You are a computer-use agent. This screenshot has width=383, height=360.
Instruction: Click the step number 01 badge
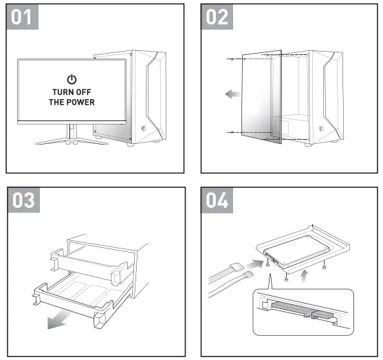[x=22, y=17]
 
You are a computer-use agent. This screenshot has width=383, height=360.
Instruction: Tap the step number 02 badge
[x=217, y=17]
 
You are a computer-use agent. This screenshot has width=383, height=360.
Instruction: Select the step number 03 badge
[x=23, y=200]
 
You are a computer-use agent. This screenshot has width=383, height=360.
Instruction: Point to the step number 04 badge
[x=217, y=200]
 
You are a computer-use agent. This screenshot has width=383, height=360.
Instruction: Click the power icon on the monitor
[x=72, y=79]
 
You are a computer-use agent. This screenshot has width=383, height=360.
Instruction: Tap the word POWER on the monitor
[x=81, y=102]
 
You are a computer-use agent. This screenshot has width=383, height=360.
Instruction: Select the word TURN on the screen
[x=61, y=92]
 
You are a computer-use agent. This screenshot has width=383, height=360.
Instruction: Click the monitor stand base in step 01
[x=72, y=141]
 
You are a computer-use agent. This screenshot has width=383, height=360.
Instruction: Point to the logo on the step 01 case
[x=144, y=129]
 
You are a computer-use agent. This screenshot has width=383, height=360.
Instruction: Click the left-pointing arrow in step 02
[x=232, y=94]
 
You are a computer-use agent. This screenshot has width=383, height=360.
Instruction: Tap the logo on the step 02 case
[x=321, y=129]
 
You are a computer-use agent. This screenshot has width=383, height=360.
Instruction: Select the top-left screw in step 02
[x=232, y=59]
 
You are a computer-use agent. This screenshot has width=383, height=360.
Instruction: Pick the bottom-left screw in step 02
[x=232, y=132]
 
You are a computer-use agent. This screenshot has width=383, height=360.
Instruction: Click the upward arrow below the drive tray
[x=304, y=276]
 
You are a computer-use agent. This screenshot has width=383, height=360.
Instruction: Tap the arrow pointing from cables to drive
[x=254, y=264]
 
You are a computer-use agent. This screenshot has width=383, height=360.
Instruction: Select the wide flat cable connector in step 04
[x=237, y=266]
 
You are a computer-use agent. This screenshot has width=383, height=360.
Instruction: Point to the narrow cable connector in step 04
[x=248, y=275]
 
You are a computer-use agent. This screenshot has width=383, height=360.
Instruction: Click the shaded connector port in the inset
[x=301, y=310]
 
